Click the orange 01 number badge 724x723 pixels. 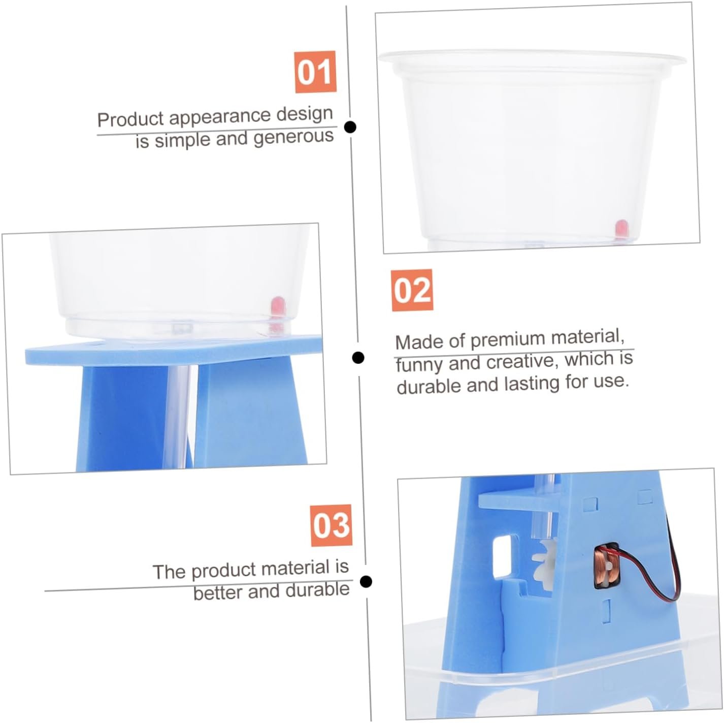pos(315,72)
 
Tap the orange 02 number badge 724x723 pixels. pos(412,290)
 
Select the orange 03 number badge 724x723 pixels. pos(331,525)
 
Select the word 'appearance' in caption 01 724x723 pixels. pos(220,117)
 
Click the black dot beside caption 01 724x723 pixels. pos(350,127)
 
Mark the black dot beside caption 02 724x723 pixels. pos(358,357)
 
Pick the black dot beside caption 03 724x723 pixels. pos(366,582)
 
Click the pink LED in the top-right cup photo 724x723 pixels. pos(620,229)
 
